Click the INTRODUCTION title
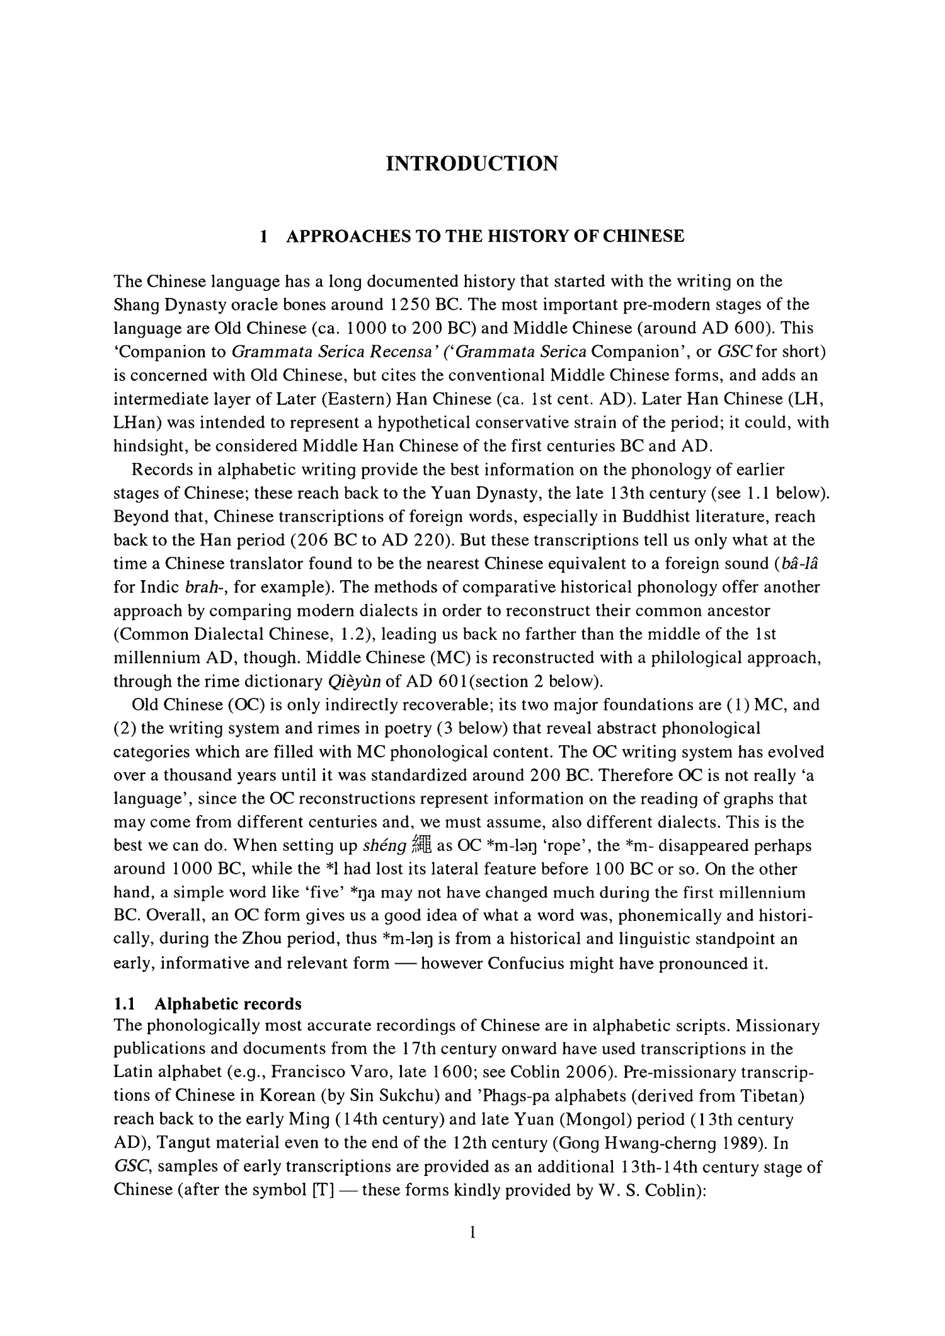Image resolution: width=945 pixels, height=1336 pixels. pyautogui.click(x=472, y=164)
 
